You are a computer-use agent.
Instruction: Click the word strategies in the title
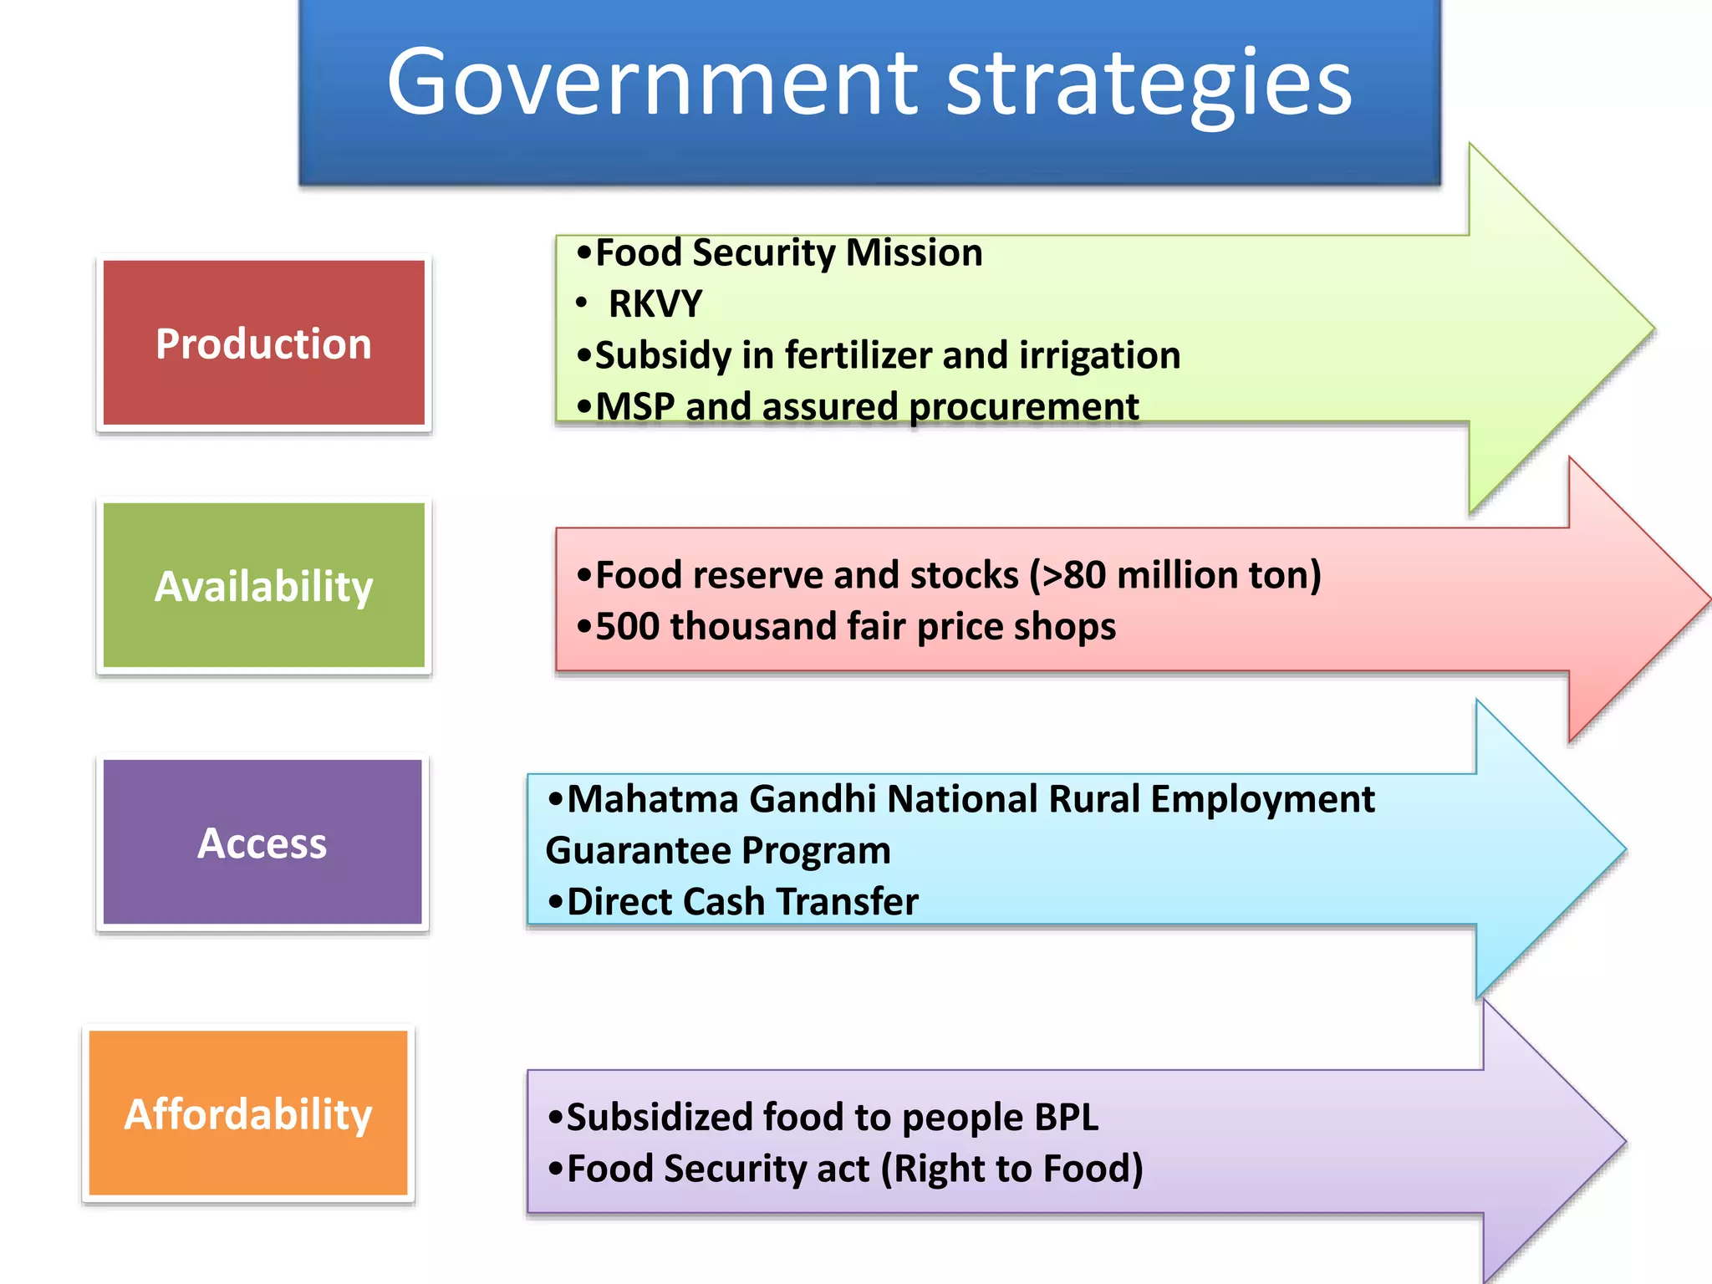click(1149, 84)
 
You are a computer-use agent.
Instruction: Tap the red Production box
click(263, 344)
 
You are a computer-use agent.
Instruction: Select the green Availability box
click(263, 586)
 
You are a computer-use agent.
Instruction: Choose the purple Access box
click(262, 843)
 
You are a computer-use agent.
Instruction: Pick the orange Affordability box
click(248, 1113)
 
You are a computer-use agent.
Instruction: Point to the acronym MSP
click(635, 407)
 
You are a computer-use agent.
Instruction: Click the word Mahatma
click(653, 799)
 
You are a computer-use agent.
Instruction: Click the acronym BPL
click(1066, 1118)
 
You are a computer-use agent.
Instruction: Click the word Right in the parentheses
click(935, 1169)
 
